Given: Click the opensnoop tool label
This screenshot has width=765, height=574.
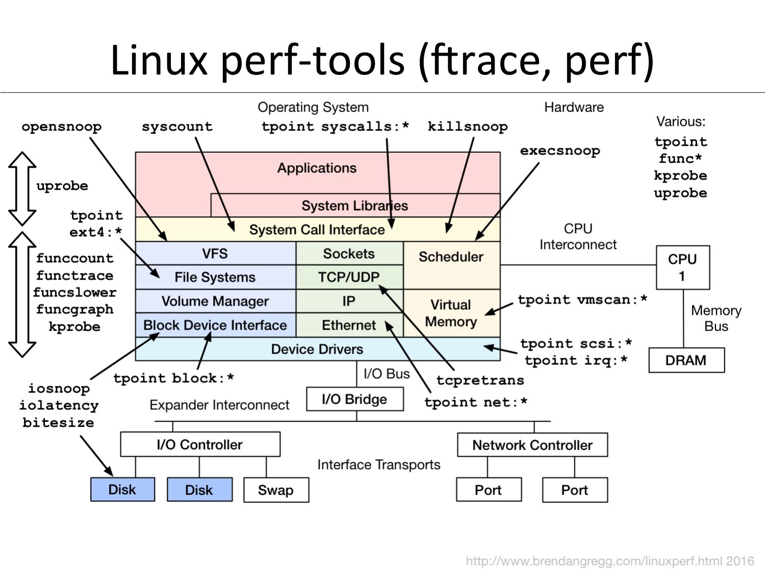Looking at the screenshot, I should [61, 127].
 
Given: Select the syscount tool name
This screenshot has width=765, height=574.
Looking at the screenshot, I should [177, 127].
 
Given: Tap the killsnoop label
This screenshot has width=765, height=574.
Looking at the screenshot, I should [467, 127].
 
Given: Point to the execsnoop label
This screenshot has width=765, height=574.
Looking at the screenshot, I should [559, 151].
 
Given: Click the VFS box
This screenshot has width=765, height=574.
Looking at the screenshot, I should [215, 254].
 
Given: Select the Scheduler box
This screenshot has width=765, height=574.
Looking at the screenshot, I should [451, 257].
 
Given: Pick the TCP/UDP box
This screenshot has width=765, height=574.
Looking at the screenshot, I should [349, 277].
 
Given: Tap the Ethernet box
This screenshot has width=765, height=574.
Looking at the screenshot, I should [349, 325].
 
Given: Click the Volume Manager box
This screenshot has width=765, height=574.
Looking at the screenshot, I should [215, 301].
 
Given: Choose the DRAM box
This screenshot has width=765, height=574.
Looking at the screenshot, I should [686, 360].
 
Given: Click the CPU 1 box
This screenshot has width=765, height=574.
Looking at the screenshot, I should [682, 267].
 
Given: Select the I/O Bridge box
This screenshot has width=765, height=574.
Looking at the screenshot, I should [354, 399].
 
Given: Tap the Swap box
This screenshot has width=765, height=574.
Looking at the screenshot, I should [275, 490].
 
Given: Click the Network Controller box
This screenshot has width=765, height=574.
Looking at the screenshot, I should [532, 445].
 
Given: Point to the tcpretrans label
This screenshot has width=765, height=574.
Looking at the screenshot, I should [480, 380].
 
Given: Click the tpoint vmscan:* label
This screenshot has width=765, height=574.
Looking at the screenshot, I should [582, 300].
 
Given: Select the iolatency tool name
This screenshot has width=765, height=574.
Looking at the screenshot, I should [59, 406].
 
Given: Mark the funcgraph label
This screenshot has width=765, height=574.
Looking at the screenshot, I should [74, 309].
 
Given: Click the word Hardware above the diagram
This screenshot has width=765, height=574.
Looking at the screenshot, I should [574, 107].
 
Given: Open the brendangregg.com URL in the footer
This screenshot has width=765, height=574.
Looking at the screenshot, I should [609, 561].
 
